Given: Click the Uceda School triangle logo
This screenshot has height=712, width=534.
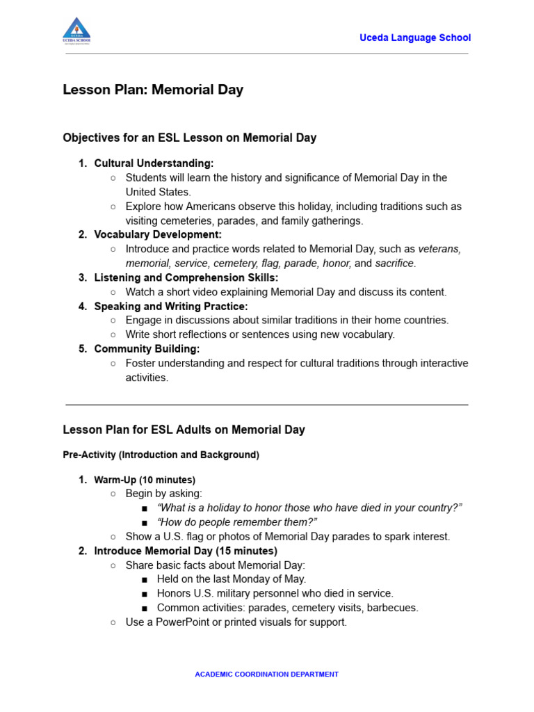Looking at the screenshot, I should pyautogui.click(x=76, y=30).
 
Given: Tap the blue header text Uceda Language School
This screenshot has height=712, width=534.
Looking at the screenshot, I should pyautogui.click(x=414, y=38).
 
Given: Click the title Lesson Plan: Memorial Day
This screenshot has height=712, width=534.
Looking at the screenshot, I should pyautogui.click(x=153, y=90).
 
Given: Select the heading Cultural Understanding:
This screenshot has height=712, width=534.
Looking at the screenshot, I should pyautogui.click(x=154, y=163).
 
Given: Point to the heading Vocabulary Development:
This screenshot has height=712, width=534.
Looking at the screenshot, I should pyautogui.click(x=158, y=235).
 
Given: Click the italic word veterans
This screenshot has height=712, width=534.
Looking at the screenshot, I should pyautogui.click(x=439, y=249).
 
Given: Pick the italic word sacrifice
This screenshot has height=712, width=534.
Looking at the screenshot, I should pyautogui.click(x=395, y=264).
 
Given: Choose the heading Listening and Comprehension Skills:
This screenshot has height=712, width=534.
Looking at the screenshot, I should pyautogui.click(x=186, y=278).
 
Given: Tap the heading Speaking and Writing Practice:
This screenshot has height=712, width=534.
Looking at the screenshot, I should pyautogui.click(x=170, y=307).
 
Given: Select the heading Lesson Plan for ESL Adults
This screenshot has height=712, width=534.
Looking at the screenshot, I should pyautogui.click(x=184, y=430).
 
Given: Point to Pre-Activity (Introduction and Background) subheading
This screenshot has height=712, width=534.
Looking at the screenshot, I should pyautogui.click(x=161, y=455).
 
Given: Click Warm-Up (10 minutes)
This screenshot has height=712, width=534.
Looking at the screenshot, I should pyautogui.click(x=145, y=480).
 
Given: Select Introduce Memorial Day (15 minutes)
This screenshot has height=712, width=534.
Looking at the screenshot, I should pyautogui.click(x=186, y=551).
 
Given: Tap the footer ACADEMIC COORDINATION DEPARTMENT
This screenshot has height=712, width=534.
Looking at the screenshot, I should pyautogui.click(x=266, y=674).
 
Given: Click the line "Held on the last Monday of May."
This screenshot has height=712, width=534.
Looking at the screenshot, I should pyautogui.click(x=231, y=579).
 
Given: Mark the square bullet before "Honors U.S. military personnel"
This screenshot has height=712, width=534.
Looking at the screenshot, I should pyautogui.click(x=144, y=594).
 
